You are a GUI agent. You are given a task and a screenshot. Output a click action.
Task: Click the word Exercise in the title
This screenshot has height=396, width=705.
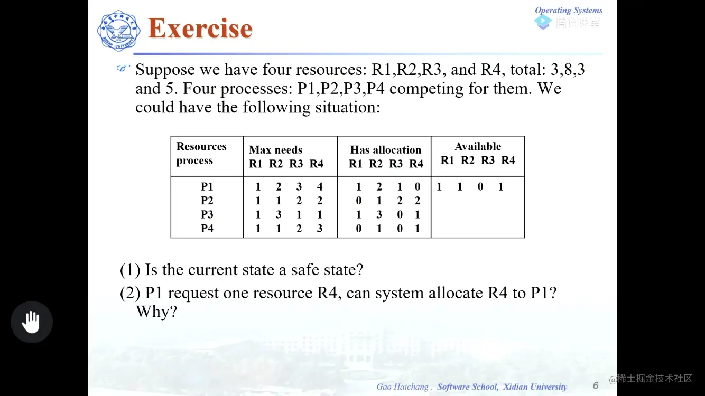click(200, 29)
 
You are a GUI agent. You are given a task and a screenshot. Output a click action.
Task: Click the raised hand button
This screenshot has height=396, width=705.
click(32, 322)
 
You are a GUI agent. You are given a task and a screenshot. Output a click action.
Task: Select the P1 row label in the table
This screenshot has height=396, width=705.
click(207, 187)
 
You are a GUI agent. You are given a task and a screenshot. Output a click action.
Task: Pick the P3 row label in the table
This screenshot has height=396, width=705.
click(207, 215)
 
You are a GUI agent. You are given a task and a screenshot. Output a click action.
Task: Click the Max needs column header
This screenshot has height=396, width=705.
click(275, 150)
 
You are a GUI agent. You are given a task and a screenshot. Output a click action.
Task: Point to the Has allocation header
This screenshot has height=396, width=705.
click(386, 150)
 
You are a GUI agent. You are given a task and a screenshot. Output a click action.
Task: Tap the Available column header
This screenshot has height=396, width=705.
click(478, 147)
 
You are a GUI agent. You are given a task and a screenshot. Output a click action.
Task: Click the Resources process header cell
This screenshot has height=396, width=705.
click(201, 154)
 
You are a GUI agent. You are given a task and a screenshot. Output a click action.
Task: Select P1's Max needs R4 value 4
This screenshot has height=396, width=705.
click(320, 187)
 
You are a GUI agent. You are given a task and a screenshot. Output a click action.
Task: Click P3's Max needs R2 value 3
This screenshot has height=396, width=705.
click(279, 215)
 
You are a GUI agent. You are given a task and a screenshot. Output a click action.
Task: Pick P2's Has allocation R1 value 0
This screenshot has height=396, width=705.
click(359, 201)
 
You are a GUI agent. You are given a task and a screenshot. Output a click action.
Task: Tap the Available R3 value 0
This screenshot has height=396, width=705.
click(480, 187)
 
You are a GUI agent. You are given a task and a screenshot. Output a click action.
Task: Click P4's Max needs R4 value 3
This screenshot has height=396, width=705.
click(320, 229)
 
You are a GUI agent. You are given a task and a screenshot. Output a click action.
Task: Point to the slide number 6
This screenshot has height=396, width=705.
click(596, 385)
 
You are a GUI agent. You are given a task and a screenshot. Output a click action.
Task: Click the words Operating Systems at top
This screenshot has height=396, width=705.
click(568, 10)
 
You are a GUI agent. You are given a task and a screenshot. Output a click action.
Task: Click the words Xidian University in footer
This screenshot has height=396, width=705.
click(535, 387)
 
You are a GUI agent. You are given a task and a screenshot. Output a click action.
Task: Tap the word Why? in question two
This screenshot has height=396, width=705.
click(156, 312)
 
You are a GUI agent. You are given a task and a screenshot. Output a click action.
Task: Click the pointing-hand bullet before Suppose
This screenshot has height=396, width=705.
click(123, 69)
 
